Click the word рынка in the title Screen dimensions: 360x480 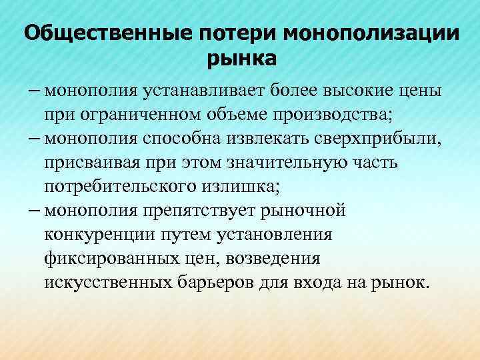pos(241,59)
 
